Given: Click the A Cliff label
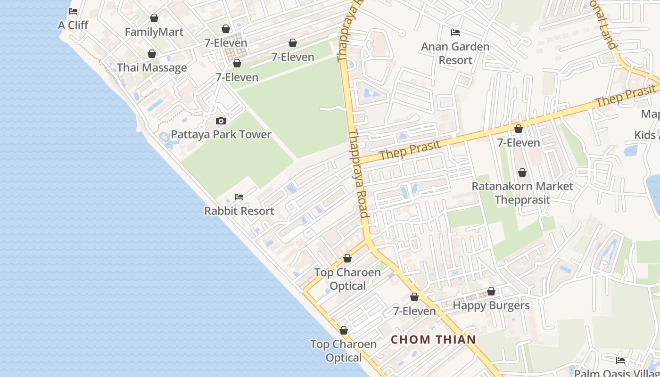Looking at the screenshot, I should pos(73,25).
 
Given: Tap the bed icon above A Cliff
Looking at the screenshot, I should pos(73,11).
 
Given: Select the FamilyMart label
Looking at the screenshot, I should pos(154,32).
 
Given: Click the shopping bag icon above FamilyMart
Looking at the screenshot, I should pos(154,18).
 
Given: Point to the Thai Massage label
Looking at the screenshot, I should pos(152,67).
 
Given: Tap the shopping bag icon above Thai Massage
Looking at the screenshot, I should pos(152,54).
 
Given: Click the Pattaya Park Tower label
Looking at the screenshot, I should pos(221,134).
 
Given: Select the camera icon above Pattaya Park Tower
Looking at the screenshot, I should pos(221,121).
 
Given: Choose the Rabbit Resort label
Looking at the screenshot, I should pos(239,211).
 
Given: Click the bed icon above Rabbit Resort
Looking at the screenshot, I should pos(239,197).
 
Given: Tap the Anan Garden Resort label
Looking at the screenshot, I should pos(455,53).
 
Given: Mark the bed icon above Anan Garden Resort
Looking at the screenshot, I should pos(455,33).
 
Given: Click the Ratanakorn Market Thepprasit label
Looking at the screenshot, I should pos(522,193).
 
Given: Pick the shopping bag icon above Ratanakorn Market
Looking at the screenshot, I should pos(522,172).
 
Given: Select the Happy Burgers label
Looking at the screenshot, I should pos(491,305).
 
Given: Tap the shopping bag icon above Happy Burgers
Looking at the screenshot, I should pos(491,291).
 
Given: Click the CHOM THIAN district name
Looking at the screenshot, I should pos(433,339).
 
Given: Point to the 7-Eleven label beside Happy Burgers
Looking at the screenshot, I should pos(414,311).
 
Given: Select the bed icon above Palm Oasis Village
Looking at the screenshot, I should pos(620,361).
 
